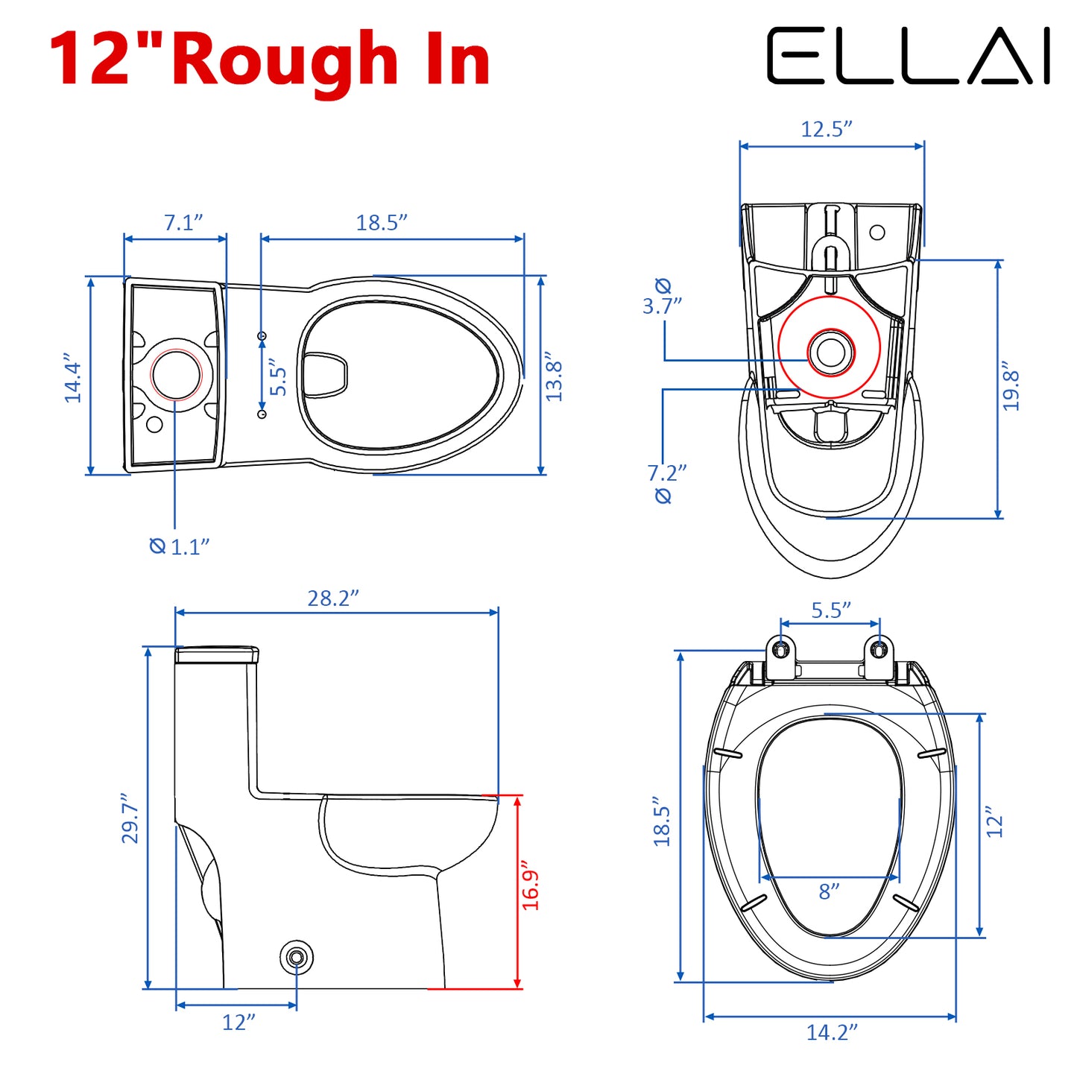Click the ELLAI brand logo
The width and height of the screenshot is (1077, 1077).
pyautogui.click(x=908, y=56)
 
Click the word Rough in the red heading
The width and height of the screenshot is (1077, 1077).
pyautogui.click(x=285, y=60)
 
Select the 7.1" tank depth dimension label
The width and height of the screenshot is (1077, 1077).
pyautogui.click(x=183, y=222)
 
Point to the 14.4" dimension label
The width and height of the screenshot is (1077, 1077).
pyautogui.click(x=72, y=378)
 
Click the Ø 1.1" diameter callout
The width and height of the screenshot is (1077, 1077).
pyautogui.click(x=180, y=546)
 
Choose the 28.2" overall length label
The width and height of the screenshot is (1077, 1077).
pyautogui.click(x=333, y=598)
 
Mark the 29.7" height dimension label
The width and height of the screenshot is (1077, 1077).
pyautogui.click(x=130, y=818)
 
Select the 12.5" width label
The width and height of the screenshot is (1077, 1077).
pyautogui.click(x=827, y=129)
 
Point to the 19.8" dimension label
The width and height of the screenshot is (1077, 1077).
pyautogui.click(x=1011, y=386)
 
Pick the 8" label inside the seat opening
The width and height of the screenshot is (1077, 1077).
pyautogui.click(x=829, y=891)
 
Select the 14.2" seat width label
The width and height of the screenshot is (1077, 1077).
pyautogui.click(x=832, y=1032)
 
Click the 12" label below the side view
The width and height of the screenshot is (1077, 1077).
pyautogui.click(x=239, y=1022)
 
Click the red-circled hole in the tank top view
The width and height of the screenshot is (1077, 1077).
pyautogui.click(x=176, y=374)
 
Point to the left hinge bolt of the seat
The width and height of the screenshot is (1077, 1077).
pyautogui.click(x=780, y=649)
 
